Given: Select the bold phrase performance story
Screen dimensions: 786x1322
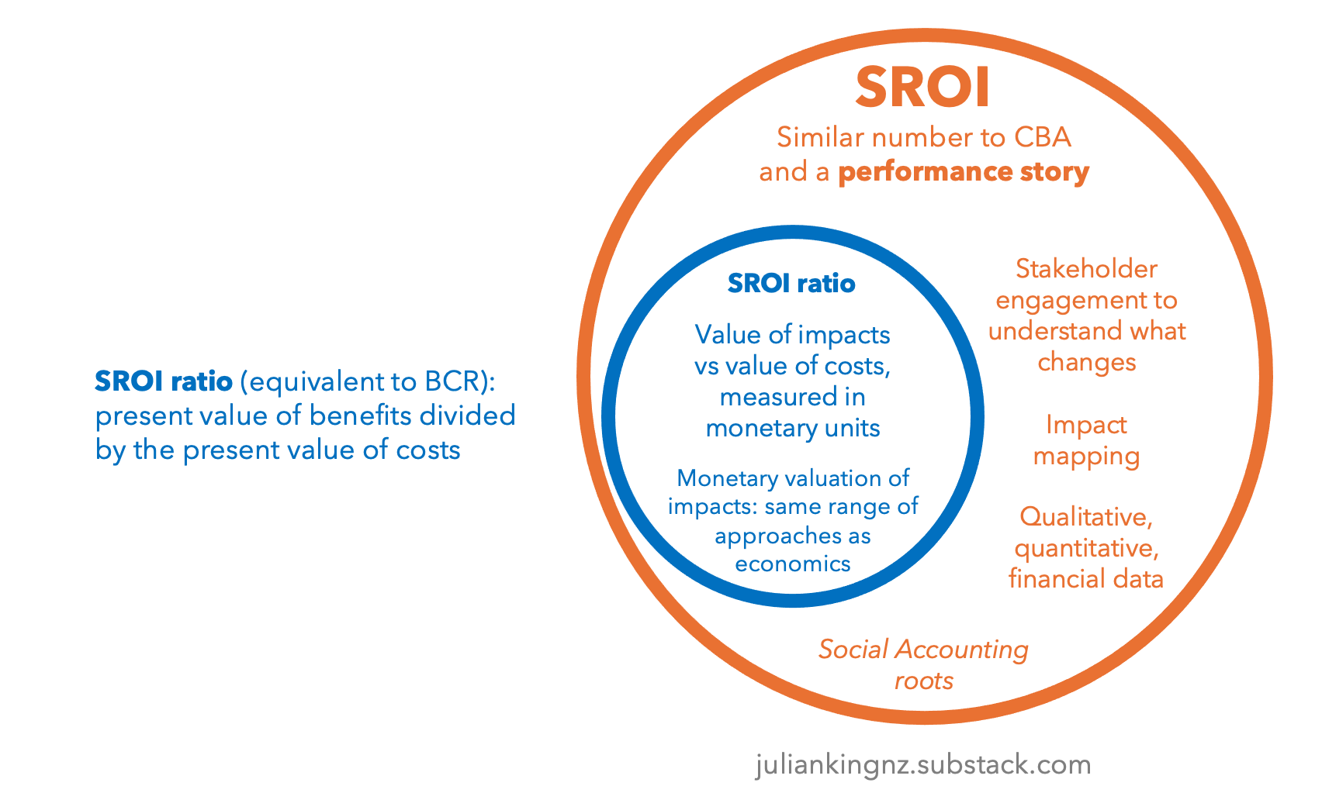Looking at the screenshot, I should [x=964, y=172].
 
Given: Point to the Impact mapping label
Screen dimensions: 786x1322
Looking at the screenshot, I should [x=1086, y=440].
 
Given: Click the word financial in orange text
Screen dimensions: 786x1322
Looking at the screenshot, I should [x=1050, y=579].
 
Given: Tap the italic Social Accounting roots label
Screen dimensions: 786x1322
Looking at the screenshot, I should [x=923, y=664].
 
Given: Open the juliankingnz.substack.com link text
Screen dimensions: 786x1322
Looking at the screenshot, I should [x=923, y=765].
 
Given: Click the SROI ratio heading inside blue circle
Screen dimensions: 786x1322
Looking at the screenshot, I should [x=791, y=284].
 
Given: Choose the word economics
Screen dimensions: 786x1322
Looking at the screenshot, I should [x=792, y=564].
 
